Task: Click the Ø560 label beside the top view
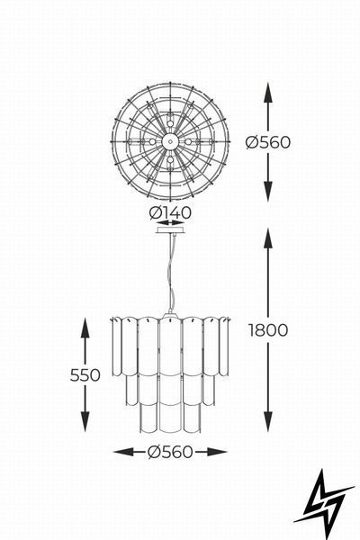pyautogui.click(x=268, y=142)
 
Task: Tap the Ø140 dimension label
pyautogui.click(x=170, y=212)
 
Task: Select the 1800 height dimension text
pyautogui.click(x=268, y=330)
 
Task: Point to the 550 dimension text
pyautogui.click(x=85, y=375)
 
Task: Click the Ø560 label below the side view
pyautogui.click(x=170, y=452)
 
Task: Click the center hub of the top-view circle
pyautogui.click(x=170, y=141)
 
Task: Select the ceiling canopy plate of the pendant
pyautogui.click(x=170, y=229)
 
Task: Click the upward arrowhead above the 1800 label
pyautogui.click(x=268, y=238)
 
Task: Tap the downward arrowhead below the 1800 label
pyautogui.click(x=268, y=421)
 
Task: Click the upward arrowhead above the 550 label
pyautogui.click(x=85, y=328)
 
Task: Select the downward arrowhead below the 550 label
pyautogui.click(x=85, y=421)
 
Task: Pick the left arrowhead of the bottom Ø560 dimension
pyautogui.click(x=123, y=452)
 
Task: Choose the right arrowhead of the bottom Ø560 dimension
pyautogui.click(x=217, y=452)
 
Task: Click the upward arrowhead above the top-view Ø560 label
pyautogui.click(x=268, y=93)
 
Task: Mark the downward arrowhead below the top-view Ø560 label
pyautogui.click(x=268, y=191)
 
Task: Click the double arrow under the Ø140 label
pyautogui.click(x=170, y=222)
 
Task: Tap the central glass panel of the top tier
pyautogui.click(x=170, y=347)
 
